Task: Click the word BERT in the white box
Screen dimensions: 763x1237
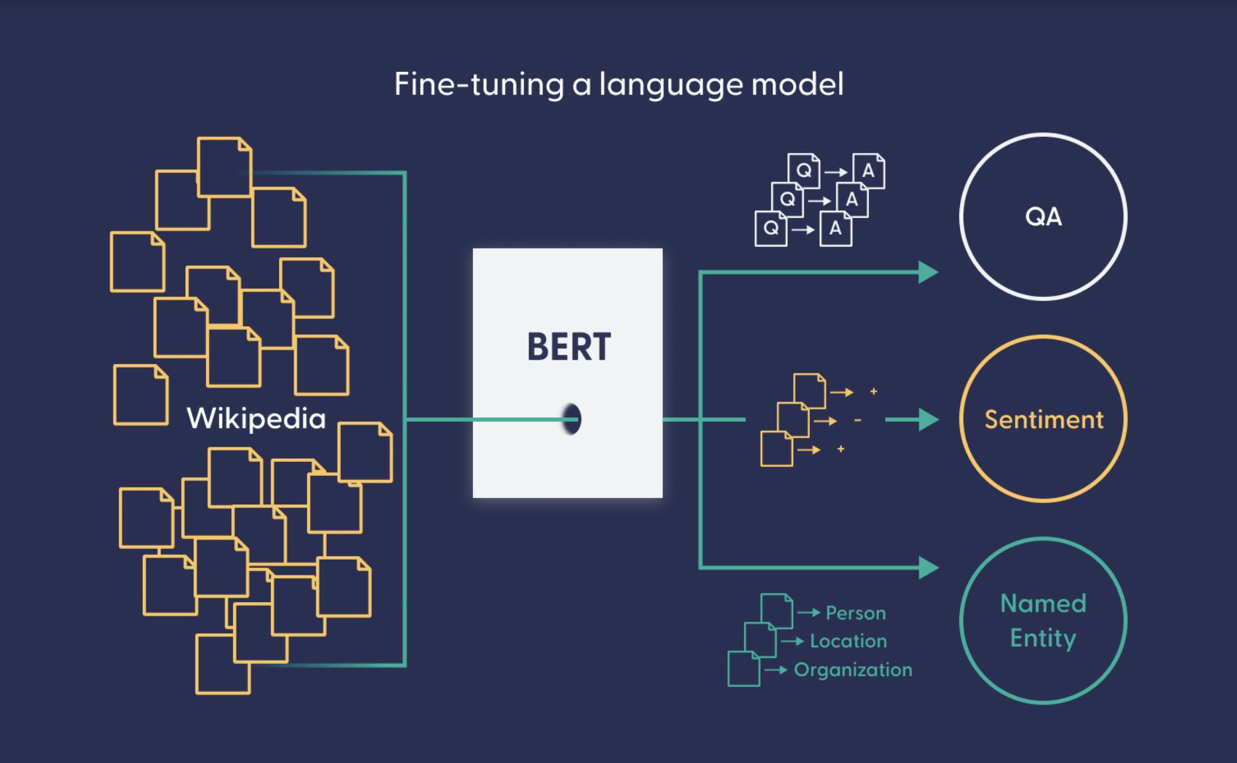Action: click(569, 347)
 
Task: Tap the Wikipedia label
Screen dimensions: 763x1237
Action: click(256, 419)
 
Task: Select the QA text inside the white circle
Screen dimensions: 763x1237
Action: click(1043, 217)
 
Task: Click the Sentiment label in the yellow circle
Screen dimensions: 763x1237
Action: click(1044, 419)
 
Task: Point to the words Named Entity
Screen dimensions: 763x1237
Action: click(1043, 621)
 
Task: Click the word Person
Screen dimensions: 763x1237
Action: click(856, 613)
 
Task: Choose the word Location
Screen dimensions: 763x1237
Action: click(848, 641)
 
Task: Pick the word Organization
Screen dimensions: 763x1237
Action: click(853, 669)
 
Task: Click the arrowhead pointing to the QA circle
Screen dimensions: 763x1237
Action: click(928, 272)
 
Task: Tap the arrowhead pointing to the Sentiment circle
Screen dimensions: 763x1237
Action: click(928, 419)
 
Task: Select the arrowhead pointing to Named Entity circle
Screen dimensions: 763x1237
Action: click(928, 568)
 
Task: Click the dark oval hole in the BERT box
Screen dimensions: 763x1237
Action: click(571, 419)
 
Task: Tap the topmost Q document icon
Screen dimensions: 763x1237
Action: click(804, 171)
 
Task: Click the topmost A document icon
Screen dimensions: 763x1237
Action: click(868, 171)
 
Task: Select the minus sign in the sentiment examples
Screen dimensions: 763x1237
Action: click(858, 421)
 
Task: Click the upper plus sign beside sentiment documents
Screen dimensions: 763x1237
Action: click(874, 391)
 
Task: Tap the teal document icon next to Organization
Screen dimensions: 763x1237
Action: click(743, 669)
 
